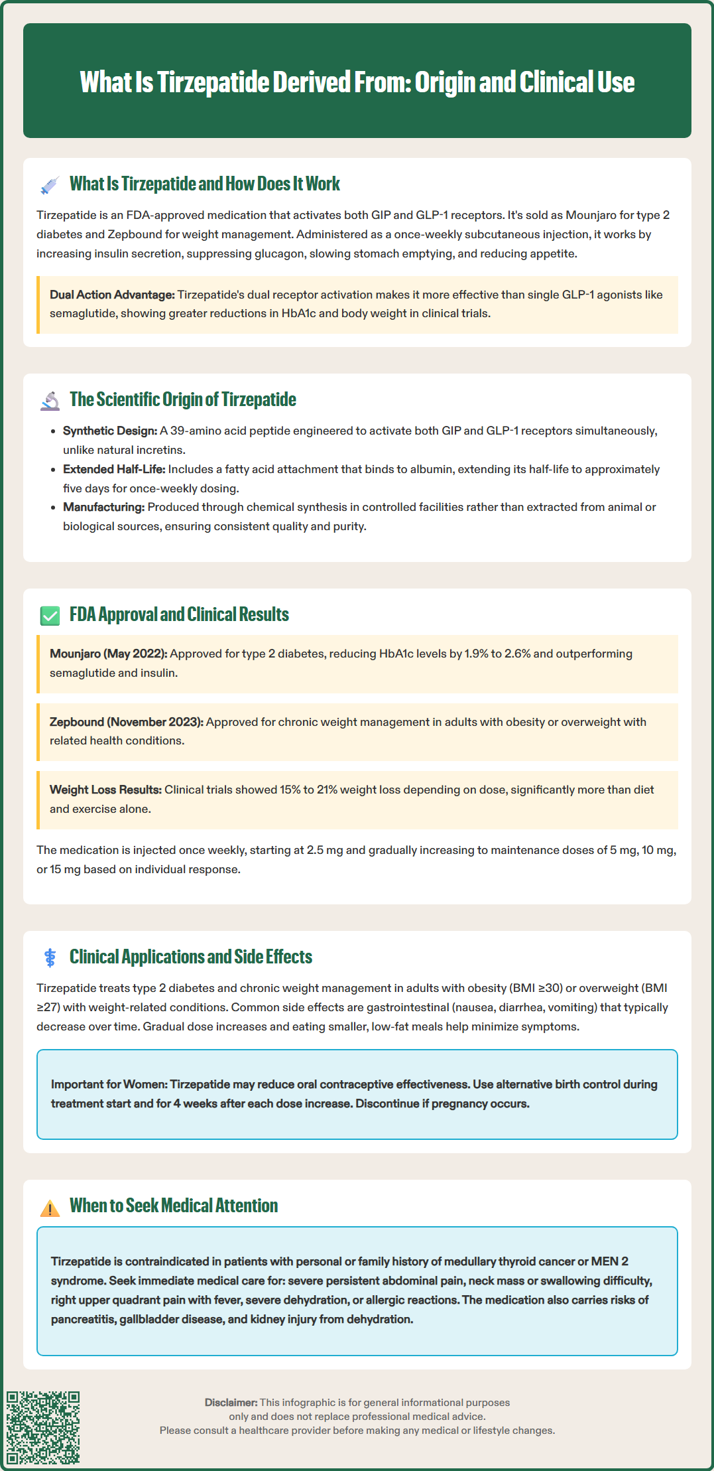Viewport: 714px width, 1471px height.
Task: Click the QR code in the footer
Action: [x=43, y=1427]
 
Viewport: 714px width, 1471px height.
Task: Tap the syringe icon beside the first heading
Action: [x=50, y=185]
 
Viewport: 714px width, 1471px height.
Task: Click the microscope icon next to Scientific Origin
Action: [x=50, y=401]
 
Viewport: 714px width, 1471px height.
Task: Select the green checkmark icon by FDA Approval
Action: [x=50, y=616]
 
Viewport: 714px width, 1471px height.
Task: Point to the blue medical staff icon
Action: [x=50, y=957]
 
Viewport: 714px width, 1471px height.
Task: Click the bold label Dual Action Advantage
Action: [x=112, y=295]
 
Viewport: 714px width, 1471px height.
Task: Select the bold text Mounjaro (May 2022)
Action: [x=109, y=654]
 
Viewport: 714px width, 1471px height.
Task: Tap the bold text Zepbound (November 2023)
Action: [x=127, y=722]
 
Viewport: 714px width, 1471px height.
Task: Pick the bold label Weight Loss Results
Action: [x=105, y=790]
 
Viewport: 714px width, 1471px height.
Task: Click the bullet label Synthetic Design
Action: [x=110, y=431]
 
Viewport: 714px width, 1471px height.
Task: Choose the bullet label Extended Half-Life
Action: [x=114, y=469]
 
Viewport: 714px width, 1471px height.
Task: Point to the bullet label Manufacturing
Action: [x=103, y=507]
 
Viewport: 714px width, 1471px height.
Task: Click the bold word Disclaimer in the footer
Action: [x=231, y=1403]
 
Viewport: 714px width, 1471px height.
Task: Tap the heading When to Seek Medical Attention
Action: [x=174, y=1206]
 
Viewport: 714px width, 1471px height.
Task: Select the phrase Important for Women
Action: [x=109, y=1084]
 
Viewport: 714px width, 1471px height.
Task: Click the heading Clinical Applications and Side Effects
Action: [x=191, y=957]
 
